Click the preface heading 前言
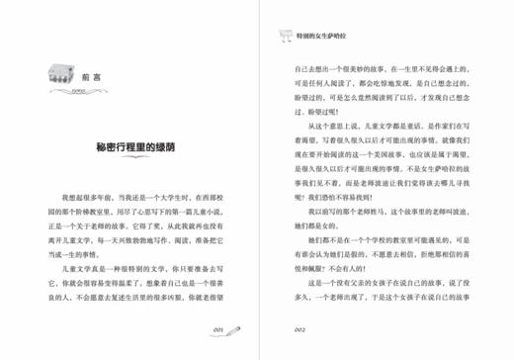[x=90, y=75]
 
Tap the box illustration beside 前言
[x=61, y=73]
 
